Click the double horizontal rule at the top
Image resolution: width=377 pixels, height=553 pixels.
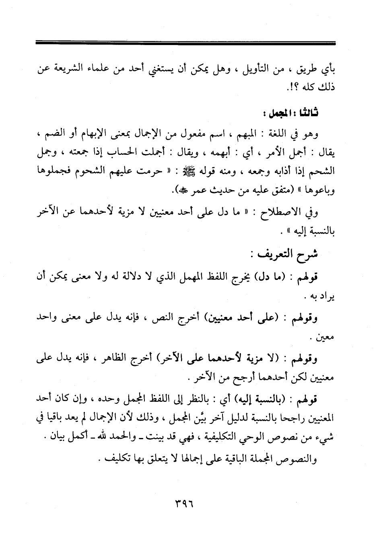pos(185,42)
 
